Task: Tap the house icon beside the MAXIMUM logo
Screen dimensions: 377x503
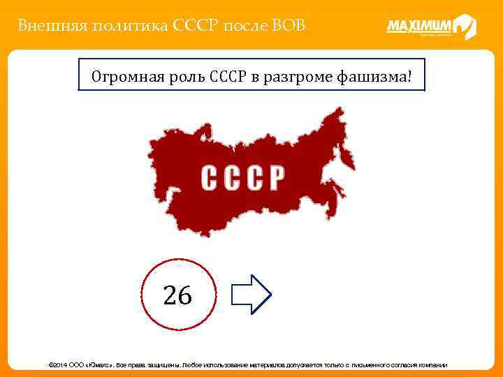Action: click(x=465, y=27)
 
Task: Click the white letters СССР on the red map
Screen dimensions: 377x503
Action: click(x=242, y=178)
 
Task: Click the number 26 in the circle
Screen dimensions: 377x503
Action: click(x=177, y=296)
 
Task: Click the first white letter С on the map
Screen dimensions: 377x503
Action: click(x=210, y=178)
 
